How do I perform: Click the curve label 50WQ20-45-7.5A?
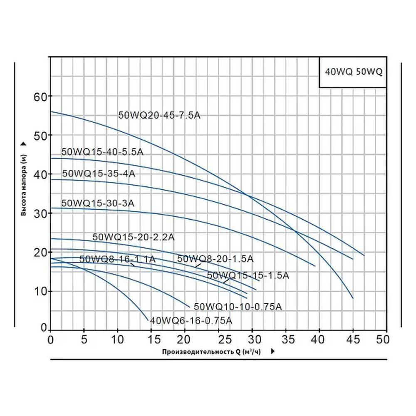[x=159, y=116]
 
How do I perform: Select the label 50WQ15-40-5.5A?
[x=102, y=152]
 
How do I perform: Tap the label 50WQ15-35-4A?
[x=99, y=173]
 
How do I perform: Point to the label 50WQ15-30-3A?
[x=98, y=203]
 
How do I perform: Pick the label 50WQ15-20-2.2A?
[x=133, y=237]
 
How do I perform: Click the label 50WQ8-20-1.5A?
[x=215, y=259]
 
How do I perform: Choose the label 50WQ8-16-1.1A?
[x=117, y=259]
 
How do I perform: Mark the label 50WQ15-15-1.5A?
[x=248, y=275]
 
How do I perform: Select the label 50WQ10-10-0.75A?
[x=238, y=307]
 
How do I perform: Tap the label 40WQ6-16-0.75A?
[x=191, y=321]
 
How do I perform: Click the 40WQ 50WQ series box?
[x=353, y=72]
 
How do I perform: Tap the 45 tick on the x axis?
[x=353, y=339]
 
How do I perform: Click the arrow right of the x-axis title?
[x=272, y=352]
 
